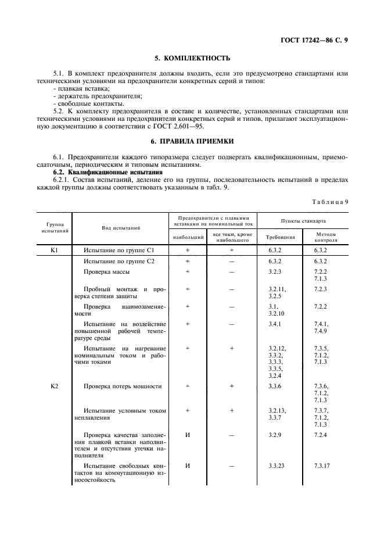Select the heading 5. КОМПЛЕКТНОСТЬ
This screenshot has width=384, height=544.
tap(192, 58)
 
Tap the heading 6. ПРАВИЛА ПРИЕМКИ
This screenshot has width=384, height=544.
tap(192, 141)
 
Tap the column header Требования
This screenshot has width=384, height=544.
tap(280, 237)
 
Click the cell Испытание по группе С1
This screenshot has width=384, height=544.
tap(119, 249)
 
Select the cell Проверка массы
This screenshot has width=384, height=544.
tap(106, 271)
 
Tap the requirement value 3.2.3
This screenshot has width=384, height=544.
tap(275, 271)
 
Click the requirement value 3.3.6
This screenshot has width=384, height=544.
tap(275, 385)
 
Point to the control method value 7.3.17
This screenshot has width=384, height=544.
tap(322, 466)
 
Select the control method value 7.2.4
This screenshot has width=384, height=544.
tap(321, 434)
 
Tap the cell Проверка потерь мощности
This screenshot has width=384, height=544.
tap(123, 385)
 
